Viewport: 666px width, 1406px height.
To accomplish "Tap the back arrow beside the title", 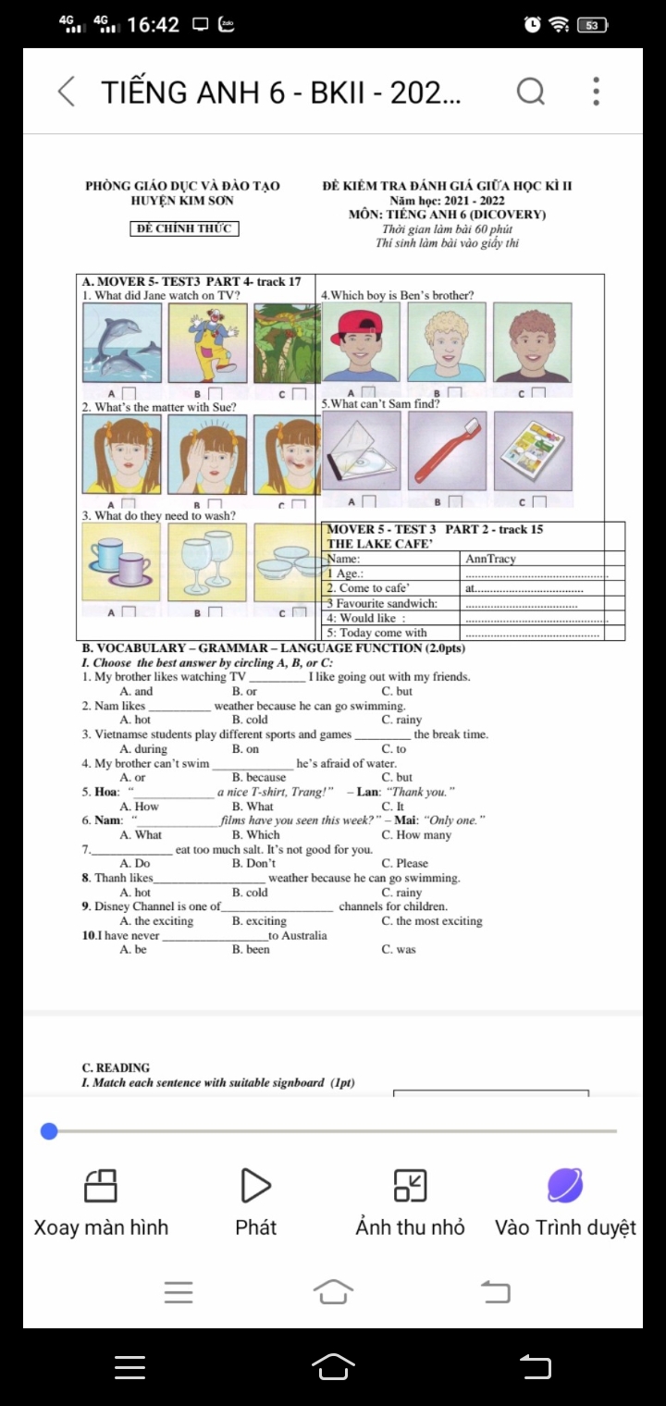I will pos(67,92).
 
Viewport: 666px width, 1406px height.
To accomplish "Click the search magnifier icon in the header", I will pos(531,92).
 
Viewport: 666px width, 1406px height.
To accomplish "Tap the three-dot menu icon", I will pos(597,92).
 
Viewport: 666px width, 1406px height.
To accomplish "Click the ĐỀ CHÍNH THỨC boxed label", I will pos(185,228).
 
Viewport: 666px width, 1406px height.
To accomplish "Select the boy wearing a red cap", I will pos(361,342).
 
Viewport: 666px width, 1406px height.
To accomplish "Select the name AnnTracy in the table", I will pos(490,559).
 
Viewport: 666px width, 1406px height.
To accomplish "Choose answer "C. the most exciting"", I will pos(431,921).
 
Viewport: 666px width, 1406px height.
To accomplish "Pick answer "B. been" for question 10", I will pos(251,950).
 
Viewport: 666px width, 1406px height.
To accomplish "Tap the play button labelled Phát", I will pos(256,1185).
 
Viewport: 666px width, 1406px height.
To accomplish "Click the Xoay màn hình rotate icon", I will pos(101,1185).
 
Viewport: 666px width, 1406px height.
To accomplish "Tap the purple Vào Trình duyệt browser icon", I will pos(565,1185).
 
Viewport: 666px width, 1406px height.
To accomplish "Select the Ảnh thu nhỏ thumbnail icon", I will pos(410,1185).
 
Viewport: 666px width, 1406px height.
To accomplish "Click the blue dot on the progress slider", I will pos(50,1131).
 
